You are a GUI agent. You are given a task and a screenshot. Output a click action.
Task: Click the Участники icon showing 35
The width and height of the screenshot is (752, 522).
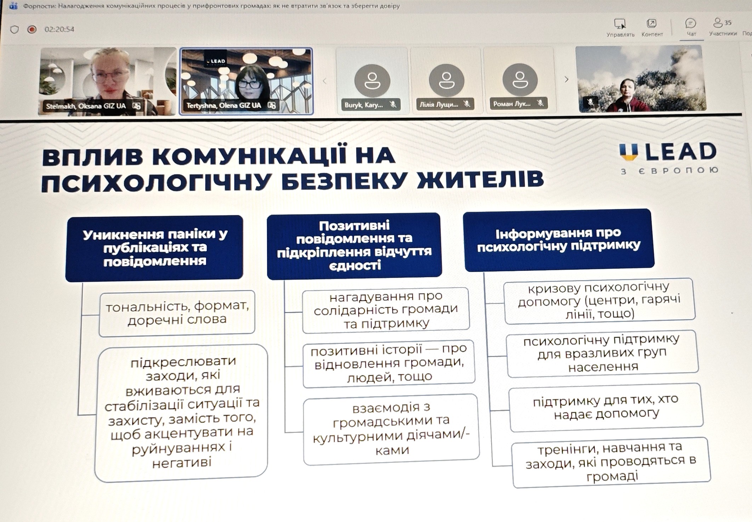[722, 27]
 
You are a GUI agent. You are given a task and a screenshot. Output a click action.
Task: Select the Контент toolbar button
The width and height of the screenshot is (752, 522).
[652, 28]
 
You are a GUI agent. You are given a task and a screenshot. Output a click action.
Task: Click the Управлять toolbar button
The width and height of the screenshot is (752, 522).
[620, 28]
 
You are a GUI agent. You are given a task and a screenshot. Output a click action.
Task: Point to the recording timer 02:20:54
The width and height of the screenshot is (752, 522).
[59, 29]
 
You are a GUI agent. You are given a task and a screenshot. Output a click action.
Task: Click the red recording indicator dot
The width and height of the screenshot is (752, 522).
[32, 29]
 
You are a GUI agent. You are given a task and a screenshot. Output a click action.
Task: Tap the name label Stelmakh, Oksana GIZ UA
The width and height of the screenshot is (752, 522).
[86, 106]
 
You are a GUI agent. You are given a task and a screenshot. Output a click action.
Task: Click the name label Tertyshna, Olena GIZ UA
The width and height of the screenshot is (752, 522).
[224, 105]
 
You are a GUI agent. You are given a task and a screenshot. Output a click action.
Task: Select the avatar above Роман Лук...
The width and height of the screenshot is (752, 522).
[520, 80]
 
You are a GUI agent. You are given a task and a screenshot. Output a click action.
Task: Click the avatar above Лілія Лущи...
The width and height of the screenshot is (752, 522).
[446, 80]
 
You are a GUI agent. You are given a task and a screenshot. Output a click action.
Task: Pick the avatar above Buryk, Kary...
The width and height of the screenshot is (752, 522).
[372, 81]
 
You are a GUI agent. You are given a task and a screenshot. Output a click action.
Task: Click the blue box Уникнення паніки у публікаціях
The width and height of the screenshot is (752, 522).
[154, 248]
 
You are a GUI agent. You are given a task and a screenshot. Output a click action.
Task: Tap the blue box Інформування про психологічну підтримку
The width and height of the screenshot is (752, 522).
[559, 240]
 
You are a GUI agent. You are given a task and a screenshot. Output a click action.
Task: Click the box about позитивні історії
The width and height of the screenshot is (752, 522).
[389, 363]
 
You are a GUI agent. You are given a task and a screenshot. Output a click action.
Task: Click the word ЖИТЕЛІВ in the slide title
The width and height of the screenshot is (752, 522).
[481, 179]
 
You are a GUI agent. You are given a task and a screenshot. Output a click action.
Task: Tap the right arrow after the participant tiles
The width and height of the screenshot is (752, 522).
[566, 79]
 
